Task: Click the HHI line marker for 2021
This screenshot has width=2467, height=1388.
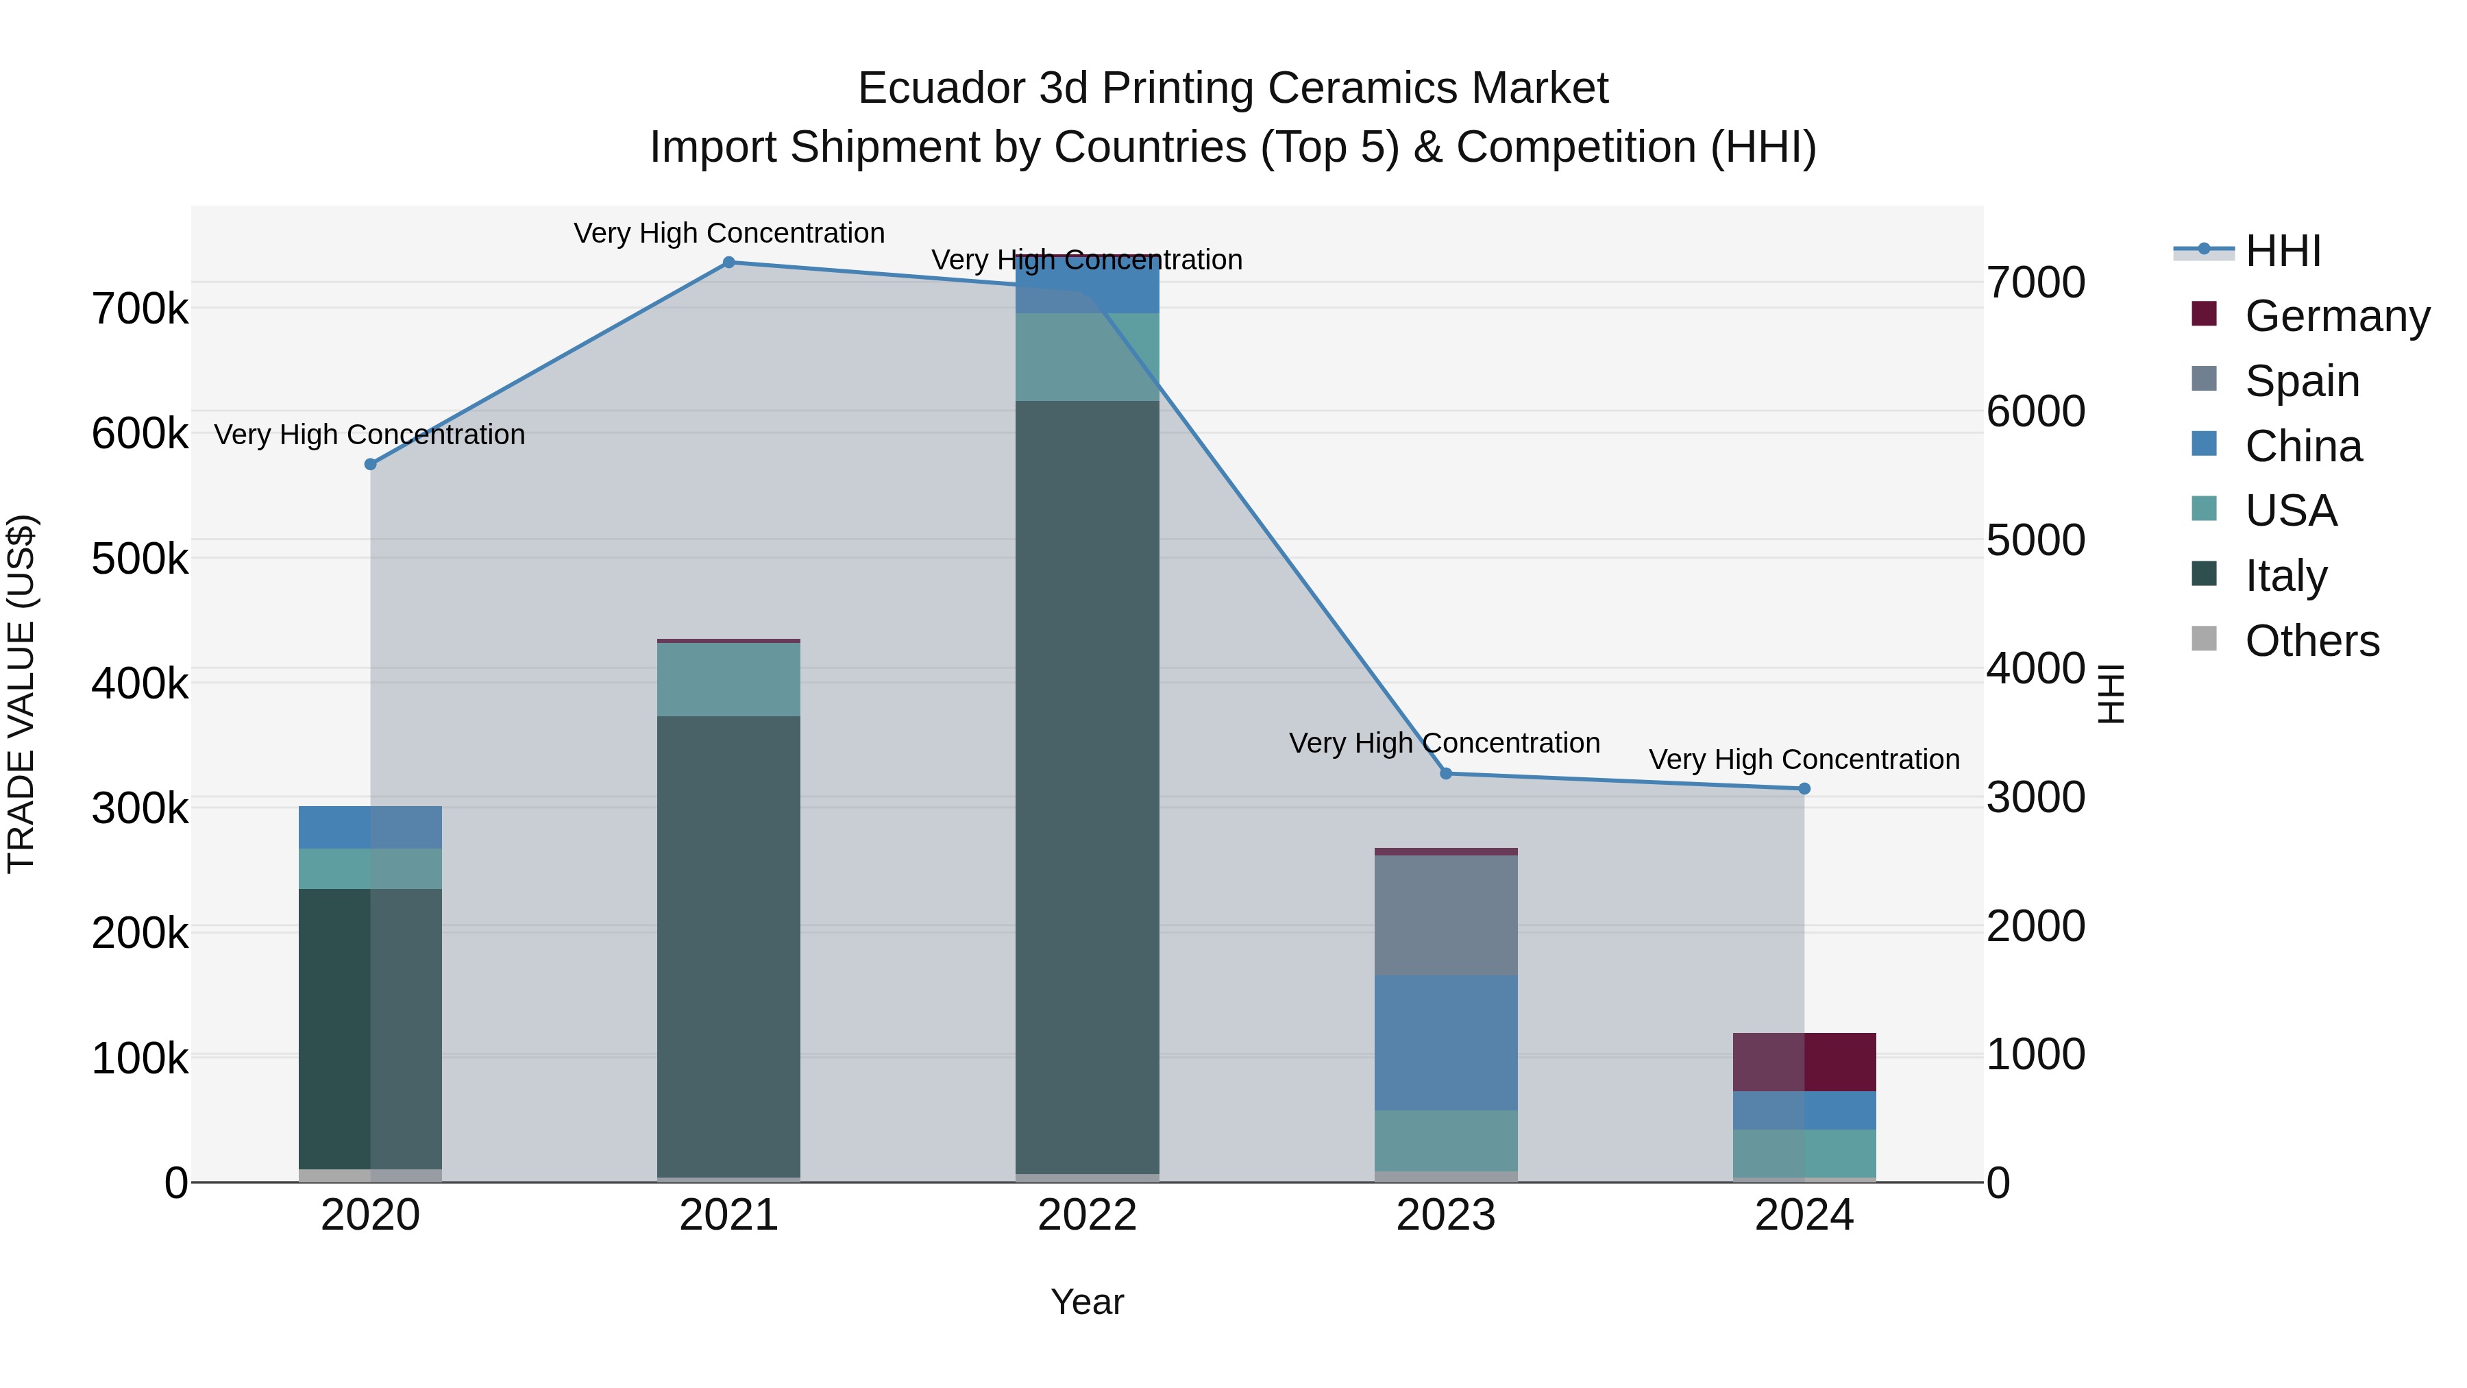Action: pos(729,263)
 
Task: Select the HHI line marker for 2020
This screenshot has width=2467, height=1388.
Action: pos(371,465)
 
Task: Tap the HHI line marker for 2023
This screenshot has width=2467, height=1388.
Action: pos(1446,774)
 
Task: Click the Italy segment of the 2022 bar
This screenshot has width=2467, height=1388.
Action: pos(1087,786)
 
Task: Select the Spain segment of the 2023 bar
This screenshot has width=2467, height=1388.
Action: pos(1446,916)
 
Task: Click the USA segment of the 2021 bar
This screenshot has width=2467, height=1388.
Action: pos(729,680)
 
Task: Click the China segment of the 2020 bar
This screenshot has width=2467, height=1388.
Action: pos(371,827)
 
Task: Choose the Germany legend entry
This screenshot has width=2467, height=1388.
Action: pos(2337,316)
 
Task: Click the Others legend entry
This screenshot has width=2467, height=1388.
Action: pos(2312,641)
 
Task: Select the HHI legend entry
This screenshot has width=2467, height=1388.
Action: pos(2283,251)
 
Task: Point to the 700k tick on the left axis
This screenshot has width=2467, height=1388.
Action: pos(140,309)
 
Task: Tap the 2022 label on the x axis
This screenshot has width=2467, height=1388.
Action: pos(1087,1215)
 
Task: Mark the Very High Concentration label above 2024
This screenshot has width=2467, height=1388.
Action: pos(1804,759)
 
